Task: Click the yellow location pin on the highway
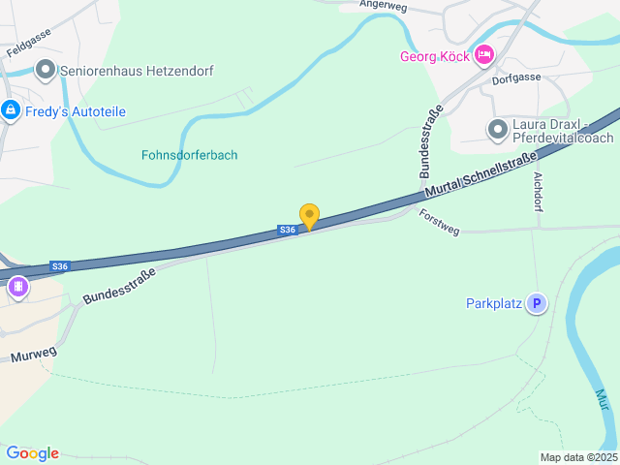click(309, 217)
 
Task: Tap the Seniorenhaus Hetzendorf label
click(137, 71)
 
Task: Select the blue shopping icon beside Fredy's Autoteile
click(11, 111)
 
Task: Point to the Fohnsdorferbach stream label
click(190, 155)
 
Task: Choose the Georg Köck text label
click(435, 56)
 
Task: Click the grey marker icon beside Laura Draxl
click(498, 129)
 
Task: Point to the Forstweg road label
click(439, 222)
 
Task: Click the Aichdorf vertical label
click(539, 192)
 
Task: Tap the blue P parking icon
click(536, 304)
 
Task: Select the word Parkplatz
click(493, 304)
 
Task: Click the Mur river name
click(603, 399)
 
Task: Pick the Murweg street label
click(33, 355)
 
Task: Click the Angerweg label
click(381, 4)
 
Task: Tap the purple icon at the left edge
click(17, 287)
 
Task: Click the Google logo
click(32, 453)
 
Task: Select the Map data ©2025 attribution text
click(577, 457)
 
